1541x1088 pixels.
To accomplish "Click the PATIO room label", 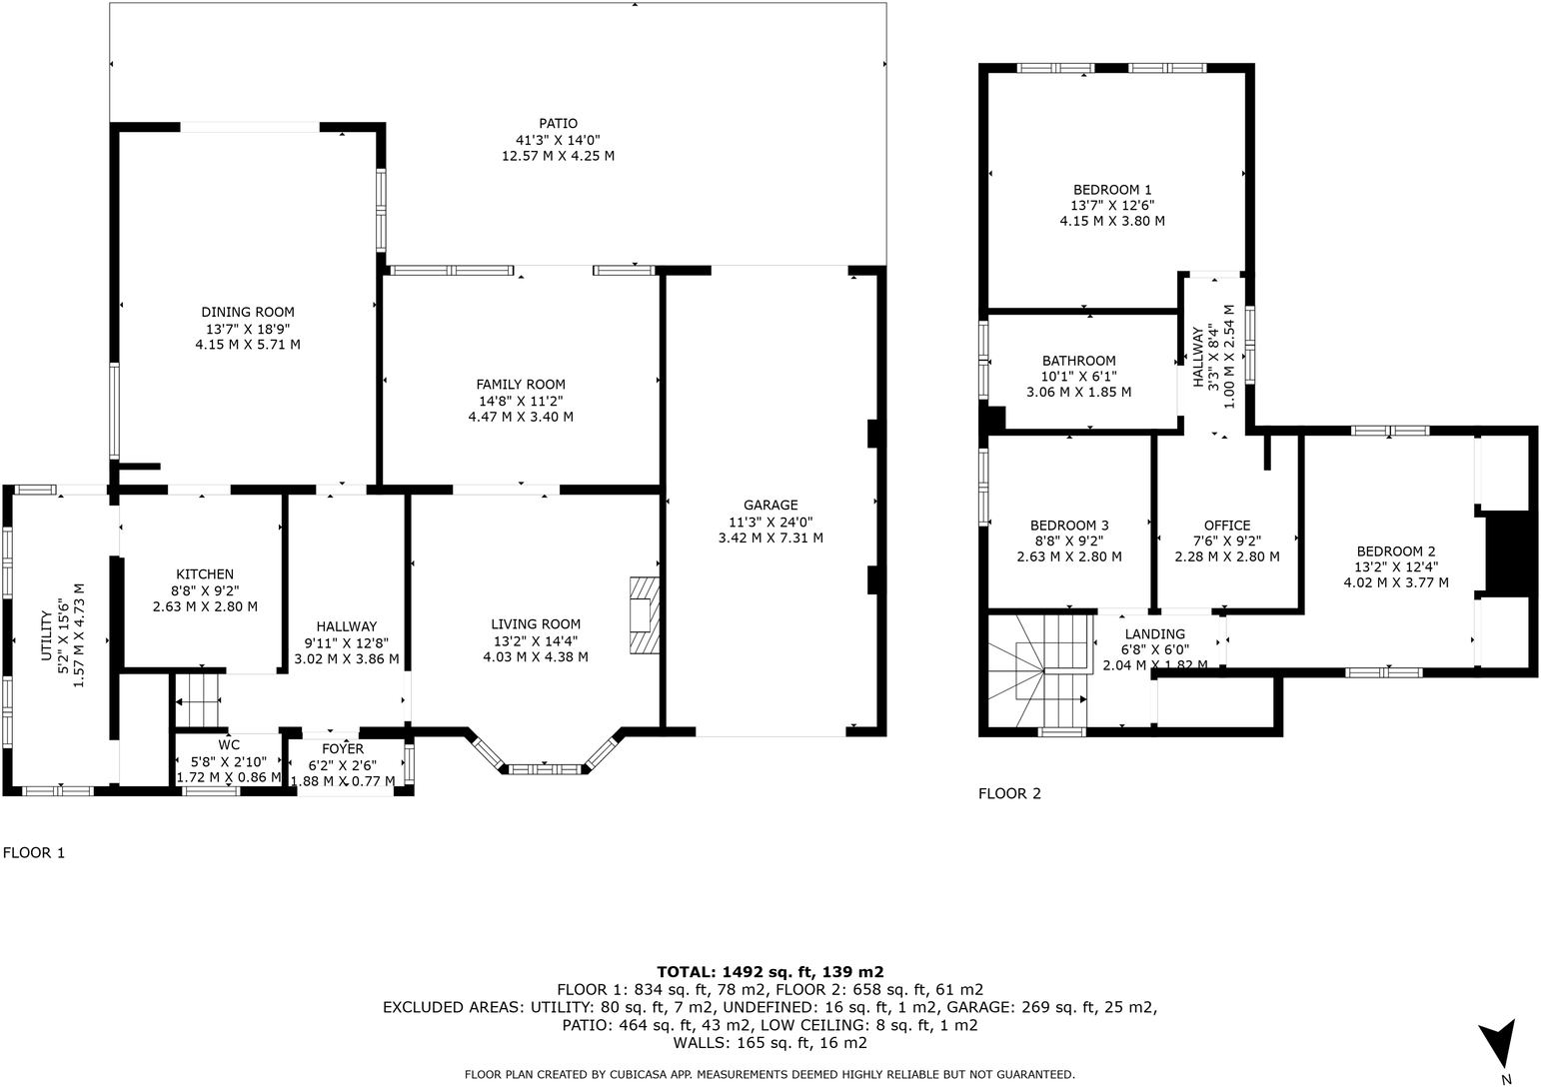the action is click(x=558, y=124).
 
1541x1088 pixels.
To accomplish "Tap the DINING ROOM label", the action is click(x=248, y=313).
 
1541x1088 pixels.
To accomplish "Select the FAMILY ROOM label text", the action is click(x=521, y=385).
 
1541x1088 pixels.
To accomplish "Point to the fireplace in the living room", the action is click(x=645, y=614).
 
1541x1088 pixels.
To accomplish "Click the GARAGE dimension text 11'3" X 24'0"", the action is click(x=770, y=522).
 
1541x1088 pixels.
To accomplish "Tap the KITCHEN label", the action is click(x=205, y=574).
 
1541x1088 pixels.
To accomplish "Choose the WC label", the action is click(x=229, y=745).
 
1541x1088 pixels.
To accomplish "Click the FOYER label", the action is click(x=343, y=749).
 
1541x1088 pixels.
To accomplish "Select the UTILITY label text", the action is click(x=46, y=635).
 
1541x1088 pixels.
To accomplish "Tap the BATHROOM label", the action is click(x=1078, y=361).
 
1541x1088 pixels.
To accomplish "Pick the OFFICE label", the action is click(x=1227, y=526).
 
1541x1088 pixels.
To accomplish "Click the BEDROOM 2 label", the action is click(x=1396, y=550).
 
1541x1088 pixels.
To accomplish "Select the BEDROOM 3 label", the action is click(x=1069, y=526).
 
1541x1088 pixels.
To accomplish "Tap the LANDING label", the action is click(x=1155, y=634).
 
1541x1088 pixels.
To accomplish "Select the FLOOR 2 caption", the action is click(x=1009, y=793).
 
